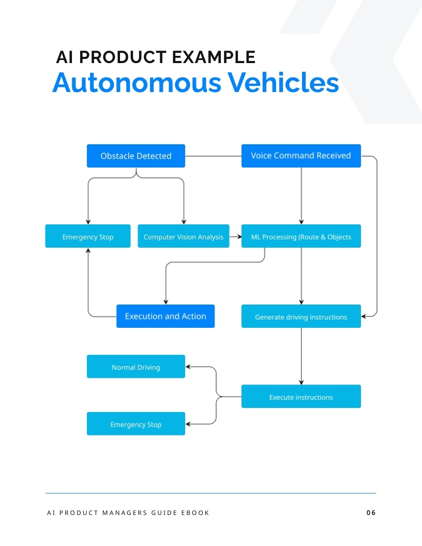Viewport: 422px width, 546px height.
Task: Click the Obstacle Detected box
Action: click(x=135, y=156)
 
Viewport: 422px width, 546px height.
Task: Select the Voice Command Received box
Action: click(x=300, y=156)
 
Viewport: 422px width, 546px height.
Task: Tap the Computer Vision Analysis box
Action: click(x=183, y=236)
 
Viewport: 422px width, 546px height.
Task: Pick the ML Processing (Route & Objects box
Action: click(x=300, y=236)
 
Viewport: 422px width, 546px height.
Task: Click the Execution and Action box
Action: click(x=165, y=316)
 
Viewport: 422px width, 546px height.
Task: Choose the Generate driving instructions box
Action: click(x=300, y=316)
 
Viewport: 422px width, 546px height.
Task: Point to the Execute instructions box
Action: click(x=300, y=397)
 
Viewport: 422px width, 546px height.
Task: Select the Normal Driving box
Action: click(x=135, y=367)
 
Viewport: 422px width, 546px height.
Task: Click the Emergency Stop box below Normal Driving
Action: click(x=135, y=424)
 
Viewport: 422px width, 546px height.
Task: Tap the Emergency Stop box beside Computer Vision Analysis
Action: click(x=87, y=236)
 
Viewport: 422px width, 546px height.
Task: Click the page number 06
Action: click(x=371, y=512)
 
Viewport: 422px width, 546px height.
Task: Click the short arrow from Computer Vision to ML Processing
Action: click(x=235, y=237)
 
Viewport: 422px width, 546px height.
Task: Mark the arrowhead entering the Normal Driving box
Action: click(x=188, y=367)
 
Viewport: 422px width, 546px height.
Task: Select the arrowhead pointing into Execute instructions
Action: click(x=301, y=382)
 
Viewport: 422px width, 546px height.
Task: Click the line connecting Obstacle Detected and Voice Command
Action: click(x=213, y=156)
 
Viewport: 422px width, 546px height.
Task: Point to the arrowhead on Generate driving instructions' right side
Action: click(x=364, y=315)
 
